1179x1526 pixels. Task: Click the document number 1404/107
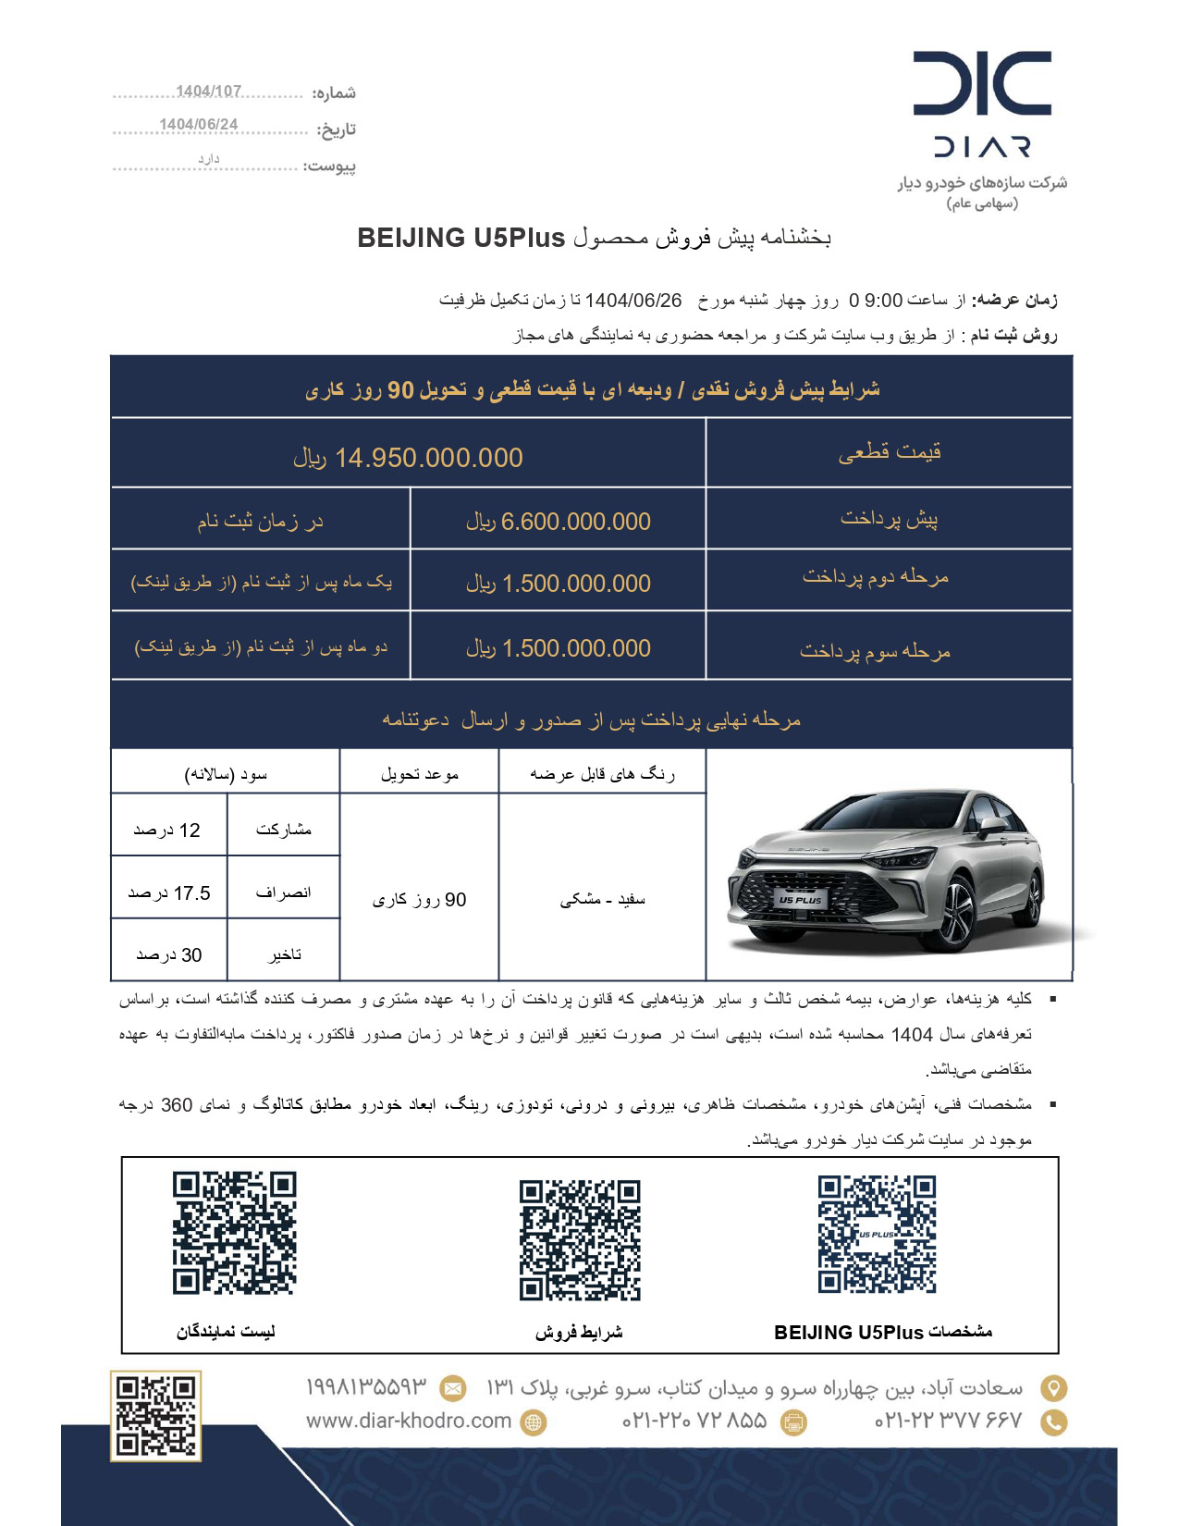(208, 91)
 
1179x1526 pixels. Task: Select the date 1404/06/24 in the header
(198, 124)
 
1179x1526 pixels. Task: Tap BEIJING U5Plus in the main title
(461, 238)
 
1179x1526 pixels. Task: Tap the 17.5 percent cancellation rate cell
(169, 892)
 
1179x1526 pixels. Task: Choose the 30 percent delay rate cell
(169, 954)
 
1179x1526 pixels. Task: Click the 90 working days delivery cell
(419, 899)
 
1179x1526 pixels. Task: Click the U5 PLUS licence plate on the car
(799, 899)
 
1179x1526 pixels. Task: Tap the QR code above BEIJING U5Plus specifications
(877, 1234)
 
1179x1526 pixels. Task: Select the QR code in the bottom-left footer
(154, 1416)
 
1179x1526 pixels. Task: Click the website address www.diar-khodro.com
(409, 1421)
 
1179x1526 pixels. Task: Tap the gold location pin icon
(1053, 1388)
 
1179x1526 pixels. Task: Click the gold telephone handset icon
(1053, 1421)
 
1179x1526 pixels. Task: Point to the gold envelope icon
(452, 1388)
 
